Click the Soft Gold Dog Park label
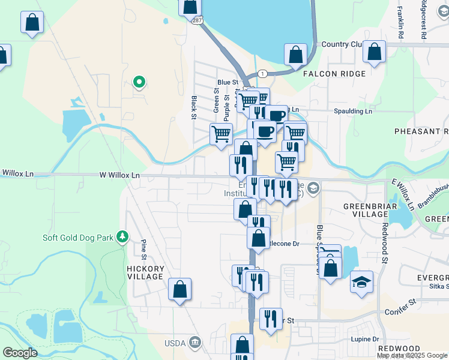pos(78,238)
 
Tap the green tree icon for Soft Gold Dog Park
pos(122,237)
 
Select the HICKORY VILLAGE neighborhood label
pos(145,272)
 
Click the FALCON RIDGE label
pos(334,74)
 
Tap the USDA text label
pos(176,343)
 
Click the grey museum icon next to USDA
pos(194,343)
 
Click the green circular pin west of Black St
pos(139,82)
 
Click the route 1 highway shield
pos(262,73)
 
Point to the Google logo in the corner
pos(20,353)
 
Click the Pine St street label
pos(143,246)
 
